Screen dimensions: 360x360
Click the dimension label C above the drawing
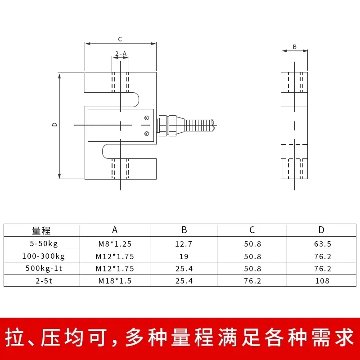coord(120,39)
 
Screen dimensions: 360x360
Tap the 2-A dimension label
coord(121,54)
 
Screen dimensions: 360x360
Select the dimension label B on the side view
coord(295,46)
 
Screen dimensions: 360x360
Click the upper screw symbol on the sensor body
coord(146,118)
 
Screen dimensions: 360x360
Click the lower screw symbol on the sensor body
coord(146,133)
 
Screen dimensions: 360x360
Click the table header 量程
coord(41,230)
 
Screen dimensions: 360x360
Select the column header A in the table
coord(115,230)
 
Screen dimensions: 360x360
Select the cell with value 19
coord(184,256)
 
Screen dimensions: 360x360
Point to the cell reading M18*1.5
coord(115,281)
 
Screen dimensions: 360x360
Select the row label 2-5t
coord(41,281)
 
